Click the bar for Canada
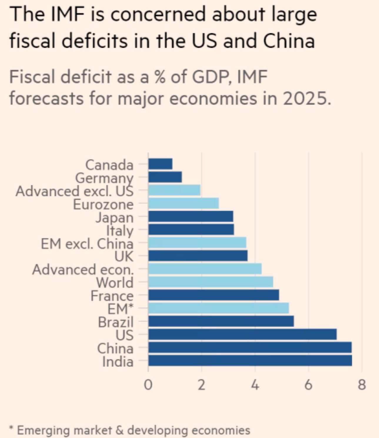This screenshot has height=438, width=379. (x=160, y=164)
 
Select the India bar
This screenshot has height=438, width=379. (x=250, y=361)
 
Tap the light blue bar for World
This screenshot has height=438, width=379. (x=211, y=282)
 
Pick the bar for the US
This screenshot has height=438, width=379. (x=242, y=335)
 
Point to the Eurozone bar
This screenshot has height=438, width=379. (x=183, y=203)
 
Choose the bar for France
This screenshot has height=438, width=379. (x=213, y=295)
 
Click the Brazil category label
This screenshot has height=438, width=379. (x=116, y=322)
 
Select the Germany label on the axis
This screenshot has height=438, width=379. (x=104, y=178)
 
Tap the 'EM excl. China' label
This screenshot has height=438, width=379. (x=87, y=244)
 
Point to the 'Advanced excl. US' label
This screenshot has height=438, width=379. (x=74, y=191)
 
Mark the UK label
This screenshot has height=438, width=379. (x=124, y=257)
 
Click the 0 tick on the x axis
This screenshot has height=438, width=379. (x=148, y=385)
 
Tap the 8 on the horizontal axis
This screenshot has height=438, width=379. (x=362, y=385)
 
